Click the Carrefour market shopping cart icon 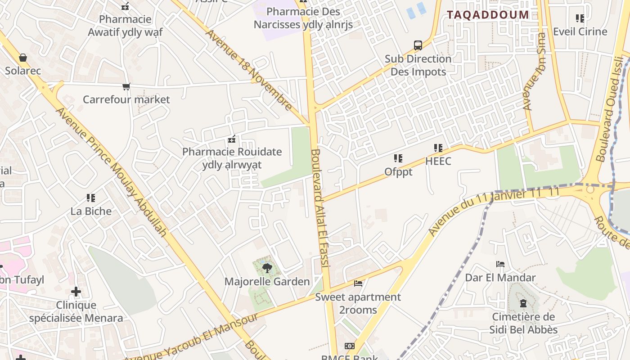point(126,86)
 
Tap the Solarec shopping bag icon point(23,58)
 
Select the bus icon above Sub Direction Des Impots point(418,45)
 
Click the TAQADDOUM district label point(488,14)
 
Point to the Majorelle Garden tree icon point(267,268)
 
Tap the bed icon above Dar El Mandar point(500,264)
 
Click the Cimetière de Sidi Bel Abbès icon point(523,303)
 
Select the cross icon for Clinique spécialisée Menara point(76,292)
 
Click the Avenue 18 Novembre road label point(249,70)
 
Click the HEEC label point(438,161)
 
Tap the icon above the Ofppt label point(398,158)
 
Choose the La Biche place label point(91,211)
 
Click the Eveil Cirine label point(580,31)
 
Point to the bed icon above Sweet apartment point(358,283)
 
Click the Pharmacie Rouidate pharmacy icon point(232,139)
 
